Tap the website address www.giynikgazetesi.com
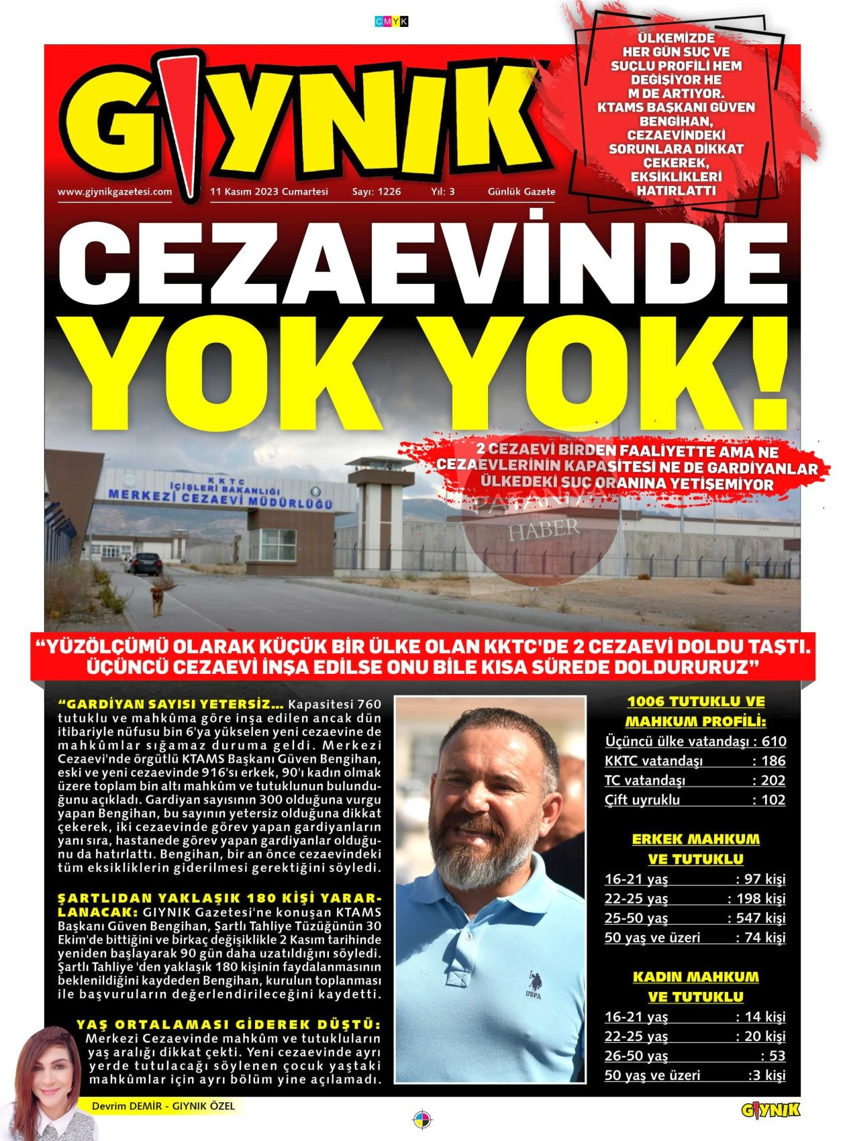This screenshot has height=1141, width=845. [x=115, y=192]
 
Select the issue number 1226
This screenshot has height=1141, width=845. [x=377, y=192]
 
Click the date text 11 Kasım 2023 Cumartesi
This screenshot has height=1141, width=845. [x=269, y=192]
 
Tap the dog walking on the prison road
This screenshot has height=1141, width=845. [x=158, y=599]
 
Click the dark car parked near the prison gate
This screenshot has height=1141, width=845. [x=144, y=563]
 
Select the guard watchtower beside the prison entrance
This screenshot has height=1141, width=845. [x=378, y=510]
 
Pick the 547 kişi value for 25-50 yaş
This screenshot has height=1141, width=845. [x=756, y=918]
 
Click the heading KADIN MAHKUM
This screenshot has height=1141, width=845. [x=695, y=977]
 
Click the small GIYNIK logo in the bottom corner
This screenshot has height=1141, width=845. [x=771, y=1111]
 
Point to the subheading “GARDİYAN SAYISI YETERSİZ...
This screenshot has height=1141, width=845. [x=171, y=705]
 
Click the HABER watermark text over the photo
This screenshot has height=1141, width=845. [x=544, y=529]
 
